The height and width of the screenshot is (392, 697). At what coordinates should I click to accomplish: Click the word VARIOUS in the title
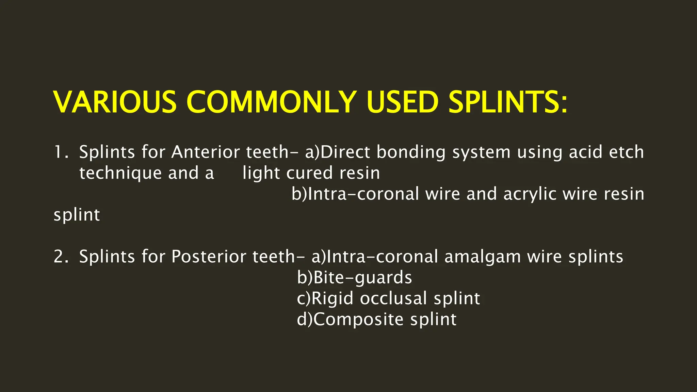(x=115, y=102)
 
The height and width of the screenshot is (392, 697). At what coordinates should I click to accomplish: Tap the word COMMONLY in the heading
(x=271, y=102)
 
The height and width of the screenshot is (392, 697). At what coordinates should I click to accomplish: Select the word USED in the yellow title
(x=402, y=102)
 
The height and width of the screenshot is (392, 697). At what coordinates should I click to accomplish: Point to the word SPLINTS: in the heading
(x=508, y=102)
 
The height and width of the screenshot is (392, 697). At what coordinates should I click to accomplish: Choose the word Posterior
(x=209, y=257)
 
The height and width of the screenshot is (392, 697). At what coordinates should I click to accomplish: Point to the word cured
(x=309, y=173)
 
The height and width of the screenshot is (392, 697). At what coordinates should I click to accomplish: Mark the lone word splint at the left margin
(x=77, y=215)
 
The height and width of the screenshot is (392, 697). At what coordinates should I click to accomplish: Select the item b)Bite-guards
(x=354, y=277)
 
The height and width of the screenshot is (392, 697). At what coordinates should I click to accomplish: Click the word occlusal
(x=393, y=298)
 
